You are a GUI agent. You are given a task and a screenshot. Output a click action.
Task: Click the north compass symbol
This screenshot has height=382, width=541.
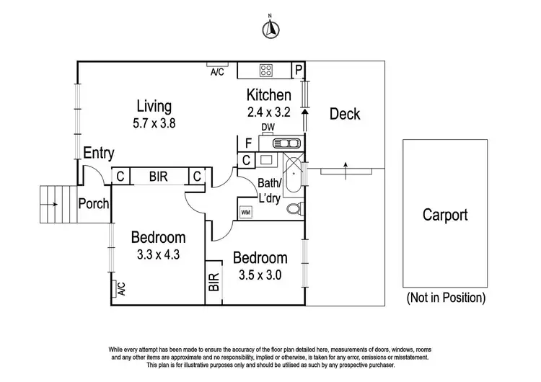coord(270,28)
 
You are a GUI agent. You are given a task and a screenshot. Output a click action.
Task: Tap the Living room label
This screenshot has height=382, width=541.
coord(154,107)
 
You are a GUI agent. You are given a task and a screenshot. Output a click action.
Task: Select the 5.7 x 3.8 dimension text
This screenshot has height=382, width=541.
coord(154,123)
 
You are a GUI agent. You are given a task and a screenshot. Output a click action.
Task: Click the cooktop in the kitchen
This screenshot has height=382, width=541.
coord(265,70)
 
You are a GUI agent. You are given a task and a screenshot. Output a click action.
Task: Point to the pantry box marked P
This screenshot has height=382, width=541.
coord(299,70)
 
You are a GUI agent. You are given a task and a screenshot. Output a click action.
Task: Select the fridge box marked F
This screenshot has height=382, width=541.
coord(247,143)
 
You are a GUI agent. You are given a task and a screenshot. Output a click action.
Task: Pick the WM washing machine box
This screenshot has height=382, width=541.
coord(245,212)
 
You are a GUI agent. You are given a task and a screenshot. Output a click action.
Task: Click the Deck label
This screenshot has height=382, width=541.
coord(344,114)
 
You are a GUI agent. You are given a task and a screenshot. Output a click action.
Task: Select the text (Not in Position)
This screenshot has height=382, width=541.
coord(445,297)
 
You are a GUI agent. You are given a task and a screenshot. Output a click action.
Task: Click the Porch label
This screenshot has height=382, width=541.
coord(93,204)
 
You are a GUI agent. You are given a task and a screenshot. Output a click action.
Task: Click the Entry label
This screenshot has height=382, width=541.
coord(98,153)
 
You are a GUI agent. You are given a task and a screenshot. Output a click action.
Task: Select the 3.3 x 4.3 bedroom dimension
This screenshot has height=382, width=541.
coord(158,254)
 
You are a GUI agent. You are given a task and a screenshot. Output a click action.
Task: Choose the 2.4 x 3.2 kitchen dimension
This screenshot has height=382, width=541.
coord(269,112)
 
